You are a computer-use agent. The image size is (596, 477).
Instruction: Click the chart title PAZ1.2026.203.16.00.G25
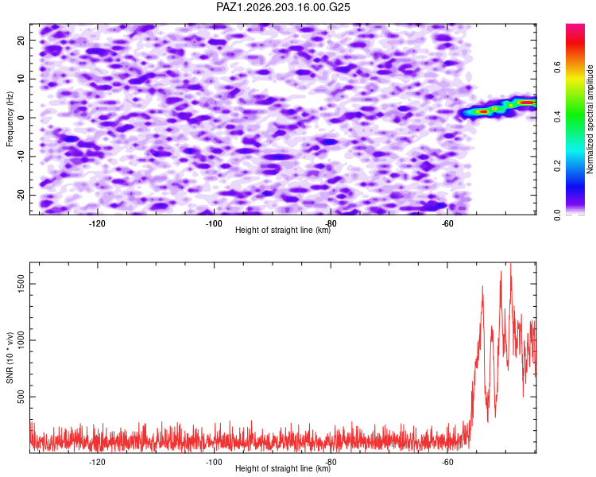tap(283, 7)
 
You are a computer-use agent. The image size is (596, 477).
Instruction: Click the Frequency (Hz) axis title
tap(10, 119)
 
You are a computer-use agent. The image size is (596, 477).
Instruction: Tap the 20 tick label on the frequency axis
tap(21, 40)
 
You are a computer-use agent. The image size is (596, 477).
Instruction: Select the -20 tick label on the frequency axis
tap(21, 196)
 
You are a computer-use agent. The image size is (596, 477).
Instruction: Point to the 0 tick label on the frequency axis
tap(21, 118)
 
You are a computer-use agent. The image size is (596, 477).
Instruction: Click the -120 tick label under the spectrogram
tap(97, 223)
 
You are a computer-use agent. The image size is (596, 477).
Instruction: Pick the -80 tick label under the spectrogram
tap(331, 223)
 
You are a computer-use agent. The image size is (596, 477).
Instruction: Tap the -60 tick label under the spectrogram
tap(447, 223)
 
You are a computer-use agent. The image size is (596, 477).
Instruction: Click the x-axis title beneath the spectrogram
tap(283, 230)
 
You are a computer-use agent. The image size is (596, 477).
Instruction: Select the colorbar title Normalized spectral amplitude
tap(590, 119)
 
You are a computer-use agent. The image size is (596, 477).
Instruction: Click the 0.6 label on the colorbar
tap(557, 68)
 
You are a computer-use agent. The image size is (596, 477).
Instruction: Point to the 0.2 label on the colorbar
tap(557, 166)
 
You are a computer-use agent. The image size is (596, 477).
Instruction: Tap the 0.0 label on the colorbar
tap(557, 215)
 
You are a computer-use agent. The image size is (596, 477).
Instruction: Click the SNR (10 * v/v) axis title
tap(10, 358)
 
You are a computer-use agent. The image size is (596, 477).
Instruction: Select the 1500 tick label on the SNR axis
tap(21, 284)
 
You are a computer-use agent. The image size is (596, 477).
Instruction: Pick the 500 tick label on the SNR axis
tap(21, 397)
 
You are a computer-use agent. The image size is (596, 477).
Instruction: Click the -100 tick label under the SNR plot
tap(214, 462)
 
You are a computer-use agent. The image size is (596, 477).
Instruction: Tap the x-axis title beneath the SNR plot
tap(283, 468)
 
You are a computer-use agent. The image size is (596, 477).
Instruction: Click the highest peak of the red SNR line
tap(510, 263)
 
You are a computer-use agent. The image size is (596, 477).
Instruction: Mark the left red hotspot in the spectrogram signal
tap(482, 111)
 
